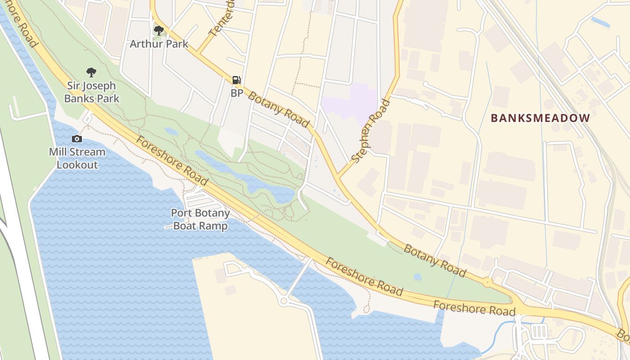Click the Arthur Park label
[x=159, y=44]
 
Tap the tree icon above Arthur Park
[x=158, y=31]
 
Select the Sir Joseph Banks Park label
[x=92, y=92]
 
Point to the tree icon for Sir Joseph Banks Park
[x=91, y=72]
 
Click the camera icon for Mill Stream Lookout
[x=77, y=139]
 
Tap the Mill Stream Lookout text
[x=77, y=158]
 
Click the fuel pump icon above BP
[x=236, y=80]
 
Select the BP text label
[x=237, y=93]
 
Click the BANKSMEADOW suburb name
[x=540, y=118]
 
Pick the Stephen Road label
[x=371, y=131]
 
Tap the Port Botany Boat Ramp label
[x=200, y=219]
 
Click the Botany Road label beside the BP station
[x=279, y=110]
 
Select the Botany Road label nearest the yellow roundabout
[x=435, y=261]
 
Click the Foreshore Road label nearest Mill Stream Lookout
[x=172, y=161]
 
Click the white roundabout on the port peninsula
[x=283, y=301]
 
